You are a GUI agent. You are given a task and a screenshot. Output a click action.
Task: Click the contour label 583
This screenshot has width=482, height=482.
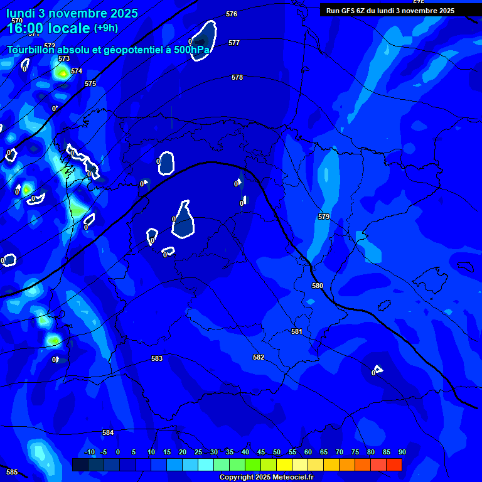coord(157,359)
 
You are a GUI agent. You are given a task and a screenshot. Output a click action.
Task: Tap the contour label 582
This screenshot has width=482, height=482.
coord(259,357)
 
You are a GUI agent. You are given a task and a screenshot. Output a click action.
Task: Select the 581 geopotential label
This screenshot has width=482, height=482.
coord(297,331)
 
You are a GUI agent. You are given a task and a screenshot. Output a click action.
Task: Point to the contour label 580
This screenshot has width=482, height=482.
coord(318,286)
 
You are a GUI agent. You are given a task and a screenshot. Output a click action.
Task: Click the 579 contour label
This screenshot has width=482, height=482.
coord(324,217)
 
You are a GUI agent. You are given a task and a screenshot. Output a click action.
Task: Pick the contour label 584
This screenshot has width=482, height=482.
coord(108,432)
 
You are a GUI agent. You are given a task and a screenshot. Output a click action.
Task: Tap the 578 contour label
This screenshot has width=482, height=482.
coord(237,77)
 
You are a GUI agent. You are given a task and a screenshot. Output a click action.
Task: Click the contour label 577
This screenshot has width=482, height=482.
coord(234,43)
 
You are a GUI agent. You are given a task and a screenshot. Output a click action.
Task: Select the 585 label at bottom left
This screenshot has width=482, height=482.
coord(12,472)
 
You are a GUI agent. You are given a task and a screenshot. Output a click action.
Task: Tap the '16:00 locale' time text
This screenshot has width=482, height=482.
coord(48,28)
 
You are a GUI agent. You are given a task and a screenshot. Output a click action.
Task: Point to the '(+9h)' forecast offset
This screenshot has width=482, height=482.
coord(105,28)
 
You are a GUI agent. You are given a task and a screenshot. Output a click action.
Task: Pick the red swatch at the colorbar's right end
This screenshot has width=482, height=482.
coord(394,464)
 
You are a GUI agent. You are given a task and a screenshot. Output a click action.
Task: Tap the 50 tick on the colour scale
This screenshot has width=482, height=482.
coord(277,452)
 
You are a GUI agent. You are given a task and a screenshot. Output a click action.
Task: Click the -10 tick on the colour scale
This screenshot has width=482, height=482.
coord(89,452)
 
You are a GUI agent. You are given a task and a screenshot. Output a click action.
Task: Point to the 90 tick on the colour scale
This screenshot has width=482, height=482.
coord(402,452)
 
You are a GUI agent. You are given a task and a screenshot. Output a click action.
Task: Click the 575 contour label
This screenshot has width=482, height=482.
coord(90,83)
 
